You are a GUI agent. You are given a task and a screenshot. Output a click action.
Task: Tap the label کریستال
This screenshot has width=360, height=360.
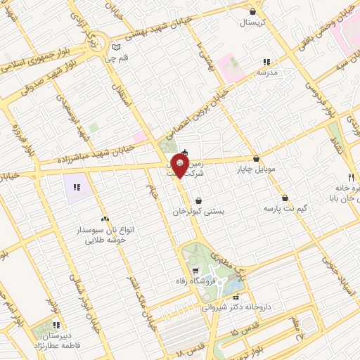252,22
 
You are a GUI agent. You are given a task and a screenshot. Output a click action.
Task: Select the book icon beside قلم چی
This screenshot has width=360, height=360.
117,47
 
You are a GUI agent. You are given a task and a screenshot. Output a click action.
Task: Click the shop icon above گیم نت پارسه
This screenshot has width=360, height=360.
285,198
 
